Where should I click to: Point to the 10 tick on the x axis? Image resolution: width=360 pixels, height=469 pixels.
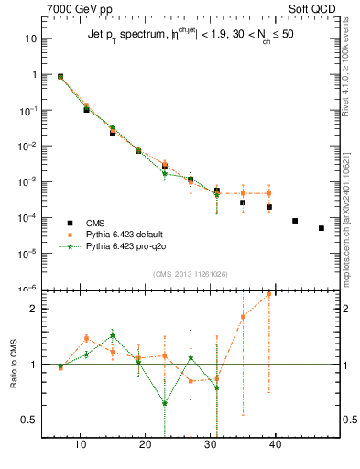81,445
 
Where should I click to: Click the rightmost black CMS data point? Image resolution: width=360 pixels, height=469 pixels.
321,228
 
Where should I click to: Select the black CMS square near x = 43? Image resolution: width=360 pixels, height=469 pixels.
295,221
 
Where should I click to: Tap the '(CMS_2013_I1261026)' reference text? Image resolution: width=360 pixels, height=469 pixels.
190,274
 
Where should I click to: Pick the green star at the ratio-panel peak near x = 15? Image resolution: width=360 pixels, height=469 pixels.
113,336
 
